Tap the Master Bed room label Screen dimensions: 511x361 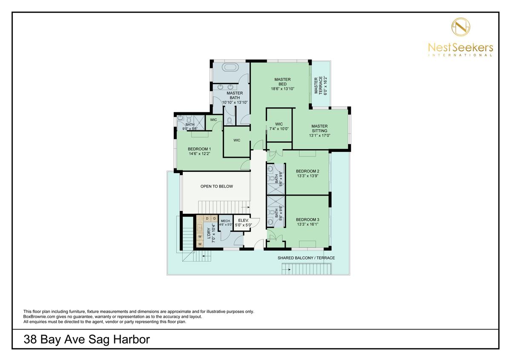click(x=282, y=82)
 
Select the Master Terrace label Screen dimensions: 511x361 click(x=318, y=85)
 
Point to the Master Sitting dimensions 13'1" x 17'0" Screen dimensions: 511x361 click(x=320, y=136)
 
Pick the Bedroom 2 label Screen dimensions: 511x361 click(x=307, y=171)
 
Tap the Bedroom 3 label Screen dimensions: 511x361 click(x=307, y=219)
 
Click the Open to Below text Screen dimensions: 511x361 click(x=217, y=186)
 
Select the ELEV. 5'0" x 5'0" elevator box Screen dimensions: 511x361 click(x=242, y=223)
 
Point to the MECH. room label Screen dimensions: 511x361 click(x=225, y=221)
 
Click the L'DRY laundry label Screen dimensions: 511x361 click(x=209, y=233)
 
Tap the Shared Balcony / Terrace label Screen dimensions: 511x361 click(x=306, y=258)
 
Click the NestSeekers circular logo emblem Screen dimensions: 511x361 click(x=461, y=27)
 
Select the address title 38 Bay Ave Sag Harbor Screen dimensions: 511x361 click(x=87, y=339)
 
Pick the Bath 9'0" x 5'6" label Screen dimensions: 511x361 click(x=190, y=127)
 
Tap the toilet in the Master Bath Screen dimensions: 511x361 click(x=229, y=121)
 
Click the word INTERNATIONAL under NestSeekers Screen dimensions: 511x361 click(x=460, y=55)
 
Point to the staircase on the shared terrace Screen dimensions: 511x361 click(x=307, y=269)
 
